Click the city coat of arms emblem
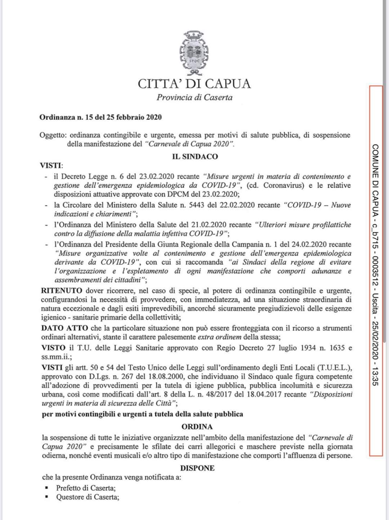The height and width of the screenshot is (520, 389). point(194,52)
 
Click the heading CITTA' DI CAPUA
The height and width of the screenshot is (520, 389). point(194,84)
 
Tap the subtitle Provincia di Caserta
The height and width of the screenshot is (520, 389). point(194,97)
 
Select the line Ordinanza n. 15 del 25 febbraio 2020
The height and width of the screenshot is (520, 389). point(100,117)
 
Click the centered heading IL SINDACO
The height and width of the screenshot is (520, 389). point(195,156)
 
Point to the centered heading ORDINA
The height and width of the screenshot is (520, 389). point(197,426)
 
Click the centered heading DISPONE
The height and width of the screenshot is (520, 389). point(197,468)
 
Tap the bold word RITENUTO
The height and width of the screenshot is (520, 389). point(62,291)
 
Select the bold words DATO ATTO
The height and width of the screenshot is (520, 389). point(64,328)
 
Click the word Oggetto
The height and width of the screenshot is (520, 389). point(53,135)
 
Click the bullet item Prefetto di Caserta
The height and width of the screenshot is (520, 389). point(86,488)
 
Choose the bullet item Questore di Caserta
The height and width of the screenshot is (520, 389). point(88,497)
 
